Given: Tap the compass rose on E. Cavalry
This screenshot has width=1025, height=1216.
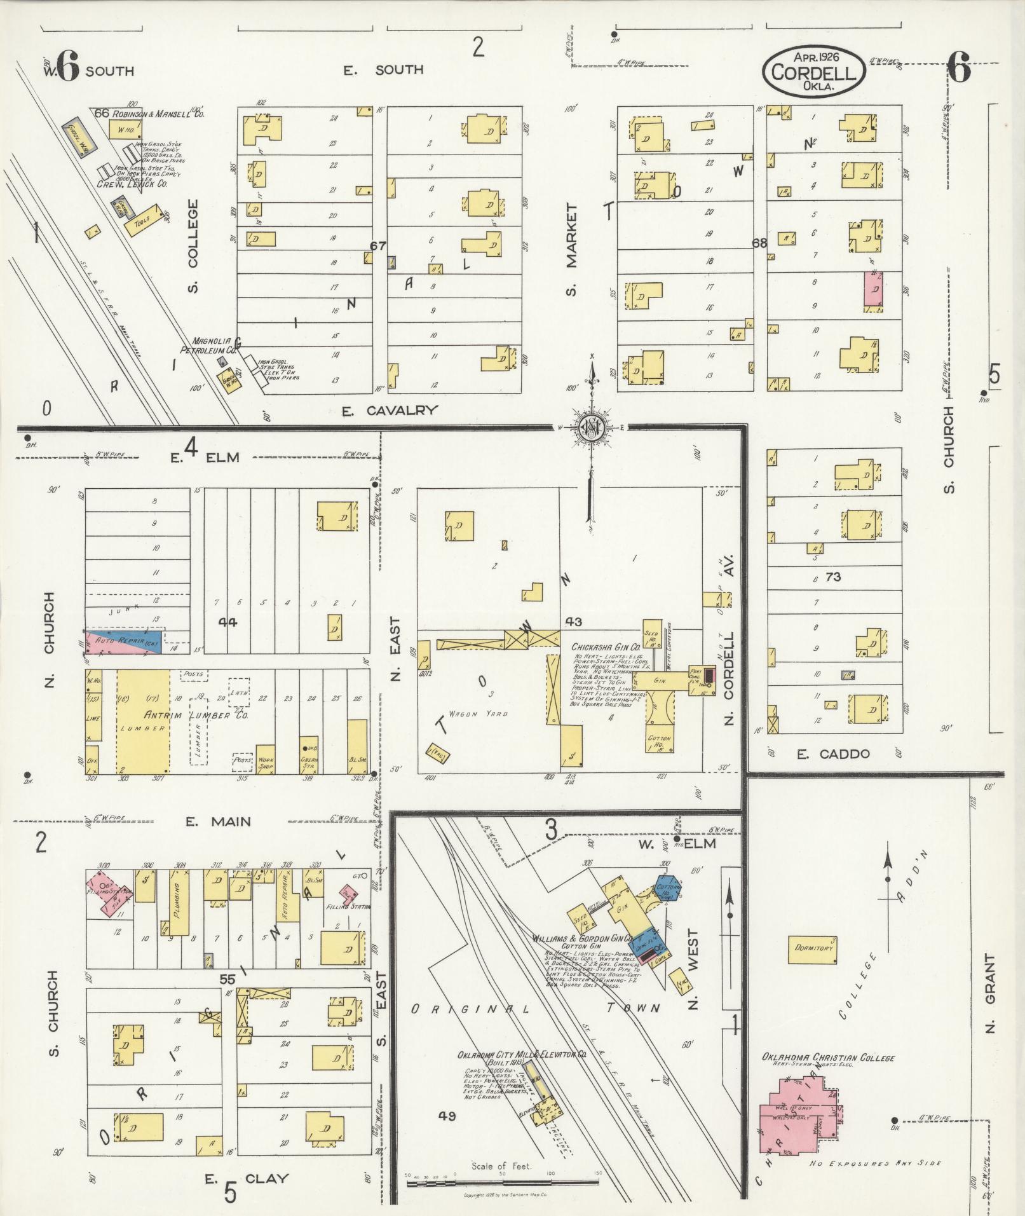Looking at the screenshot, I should (x=591, y=427).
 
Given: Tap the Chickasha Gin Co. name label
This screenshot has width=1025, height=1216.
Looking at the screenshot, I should (x=601, y=647).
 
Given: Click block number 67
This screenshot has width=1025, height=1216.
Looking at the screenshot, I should (x=379, y=245).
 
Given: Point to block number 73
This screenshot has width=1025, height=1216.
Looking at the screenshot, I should (x=833, y=577).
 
